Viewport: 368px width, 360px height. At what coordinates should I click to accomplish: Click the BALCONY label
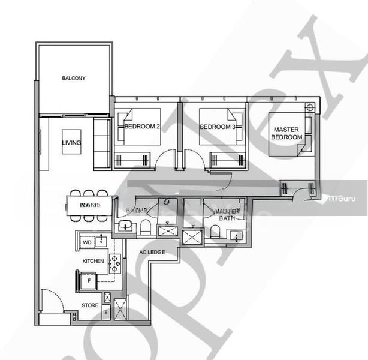(74, 78)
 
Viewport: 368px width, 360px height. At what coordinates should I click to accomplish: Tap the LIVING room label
(71, 143)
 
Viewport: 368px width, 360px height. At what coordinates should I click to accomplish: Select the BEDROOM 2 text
(142, 127)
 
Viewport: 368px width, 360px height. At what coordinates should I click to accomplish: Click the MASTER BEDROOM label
(288, 133)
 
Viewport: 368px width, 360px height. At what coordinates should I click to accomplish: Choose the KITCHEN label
(93, 261)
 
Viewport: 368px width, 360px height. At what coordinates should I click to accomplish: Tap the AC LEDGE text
(152, 252)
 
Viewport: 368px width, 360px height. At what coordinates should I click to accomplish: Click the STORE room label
(90, 305)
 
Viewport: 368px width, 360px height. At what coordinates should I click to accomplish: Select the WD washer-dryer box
(87, 242)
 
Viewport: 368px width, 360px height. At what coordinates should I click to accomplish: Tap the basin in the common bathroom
(126, 226)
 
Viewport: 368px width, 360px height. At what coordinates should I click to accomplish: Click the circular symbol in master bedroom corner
(309, 107)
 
